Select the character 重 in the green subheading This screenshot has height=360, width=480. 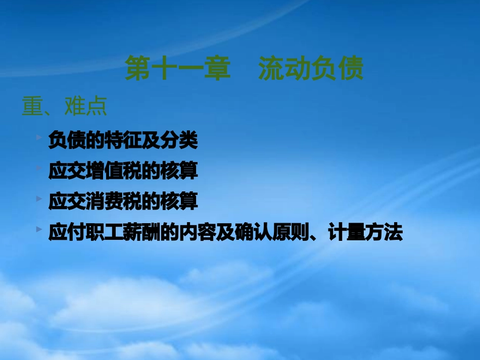pyautogui.click(x=32, y=107)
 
